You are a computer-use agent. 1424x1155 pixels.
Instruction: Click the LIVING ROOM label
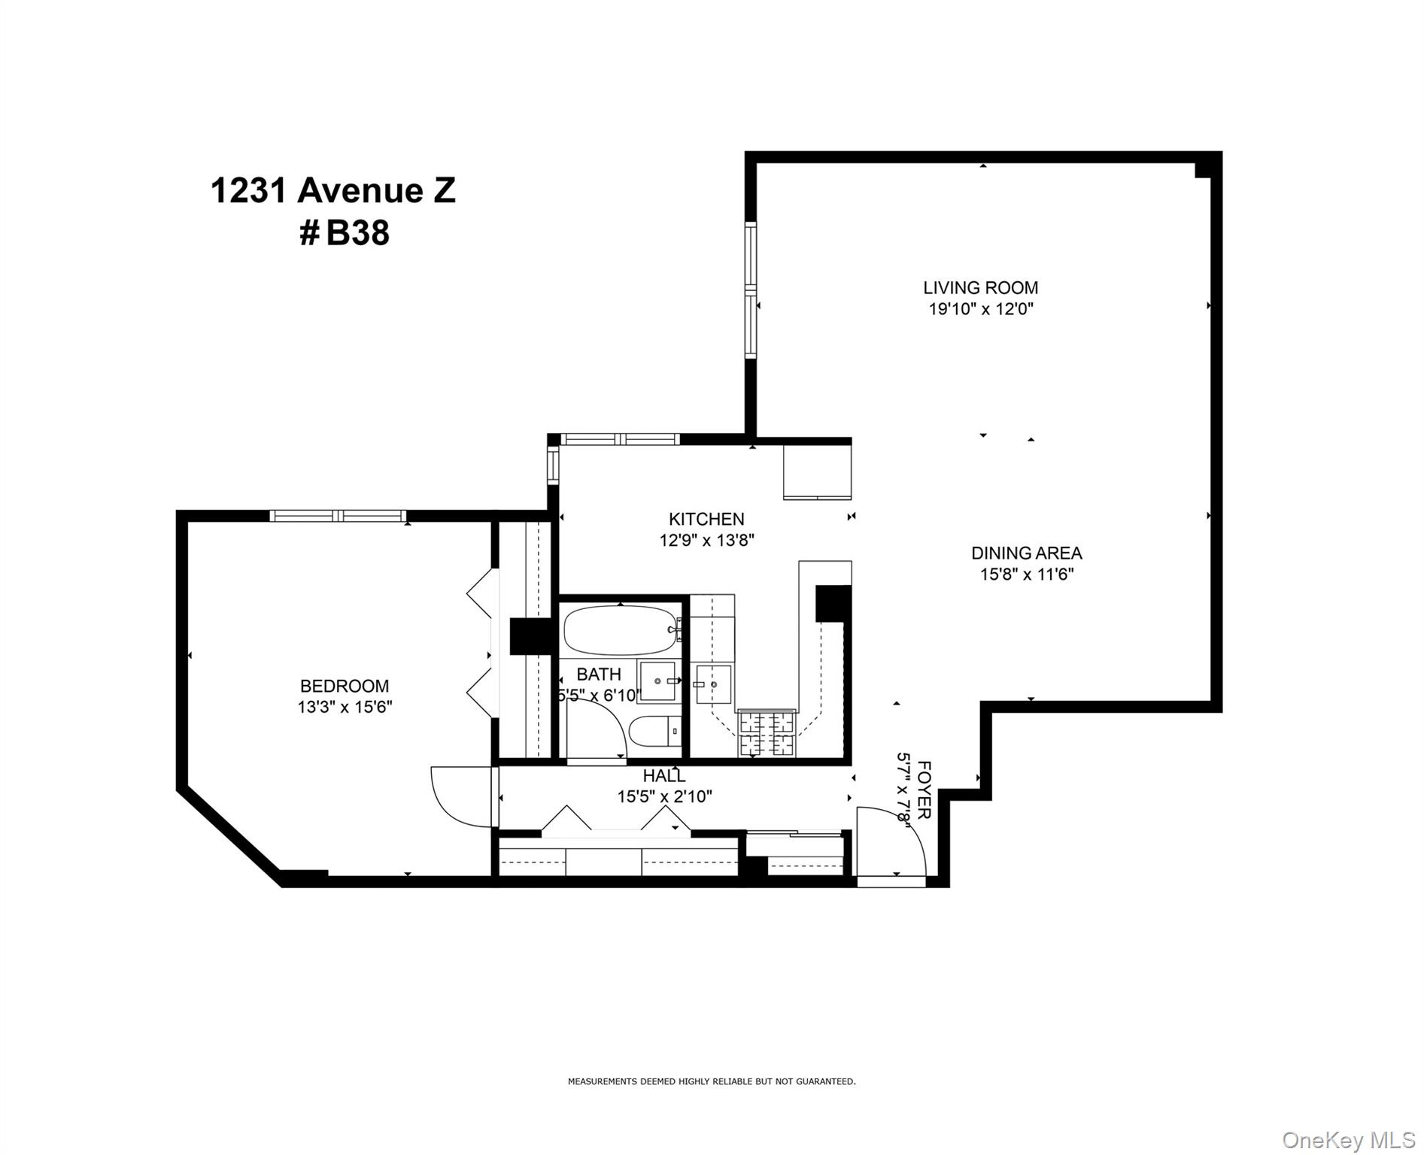pyautogui.click(x=980, y=287)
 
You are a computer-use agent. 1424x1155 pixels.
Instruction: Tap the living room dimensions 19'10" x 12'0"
pyautogui.click(x=981, y=309)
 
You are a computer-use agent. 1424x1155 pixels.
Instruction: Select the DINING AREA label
pyautogui.click(x=1026, y=553)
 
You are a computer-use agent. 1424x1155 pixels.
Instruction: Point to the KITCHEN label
pyautogui.click(x=706, y=519)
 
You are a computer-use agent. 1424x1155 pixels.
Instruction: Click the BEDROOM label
pyautogui.click(x=345, y=686)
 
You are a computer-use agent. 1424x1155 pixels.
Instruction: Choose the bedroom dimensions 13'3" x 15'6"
pyautogui.click(x=345, y=707)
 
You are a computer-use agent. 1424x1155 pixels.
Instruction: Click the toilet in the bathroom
pyautogui.click(x=654, y=732)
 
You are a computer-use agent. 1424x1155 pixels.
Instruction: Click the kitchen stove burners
pyautogui.click(x=767, y=733)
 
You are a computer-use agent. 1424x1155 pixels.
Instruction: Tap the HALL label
pyautogui.click(x=664, y=776)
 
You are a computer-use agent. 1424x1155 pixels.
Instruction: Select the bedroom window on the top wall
pyautogui.click(x=338, y=516)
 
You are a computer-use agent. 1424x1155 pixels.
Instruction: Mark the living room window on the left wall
pyautogui.click(x=750, y=290)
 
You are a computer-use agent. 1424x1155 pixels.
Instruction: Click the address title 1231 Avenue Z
pyautogui.click(x=332, y=190)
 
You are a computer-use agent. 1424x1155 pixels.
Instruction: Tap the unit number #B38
pyautogui.click(x=345, y=233)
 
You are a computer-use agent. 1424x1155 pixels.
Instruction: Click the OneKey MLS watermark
pyautogui.click(x=1348, y=1140)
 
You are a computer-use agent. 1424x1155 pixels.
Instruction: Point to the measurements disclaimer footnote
pyautogui.click(x=711, y=1082)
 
